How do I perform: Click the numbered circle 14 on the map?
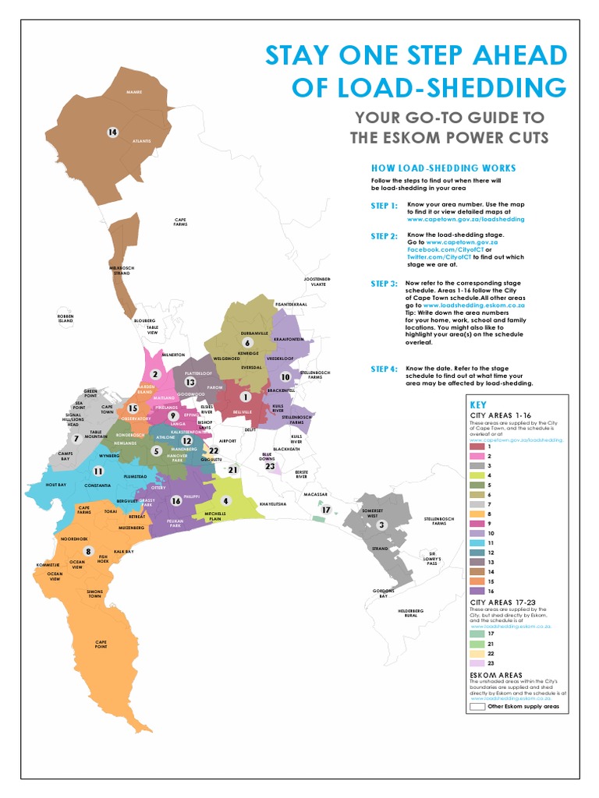112,132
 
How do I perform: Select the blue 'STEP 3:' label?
384,284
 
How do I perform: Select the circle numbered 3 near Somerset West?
381,525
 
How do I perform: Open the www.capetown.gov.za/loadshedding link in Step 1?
459,220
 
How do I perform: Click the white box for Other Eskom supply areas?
477,707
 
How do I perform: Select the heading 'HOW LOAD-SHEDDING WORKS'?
442,168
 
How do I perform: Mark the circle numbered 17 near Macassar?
326,510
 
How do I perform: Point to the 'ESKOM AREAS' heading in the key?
495,675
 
